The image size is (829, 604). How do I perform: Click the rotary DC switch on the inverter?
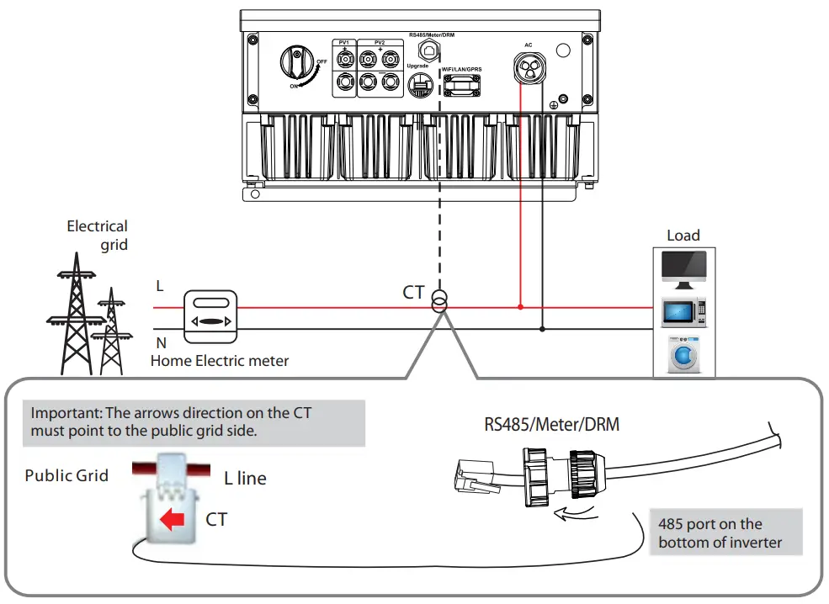point(297,65)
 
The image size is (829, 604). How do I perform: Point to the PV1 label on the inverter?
point(344,42)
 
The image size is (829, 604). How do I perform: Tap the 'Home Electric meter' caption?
point(219,361)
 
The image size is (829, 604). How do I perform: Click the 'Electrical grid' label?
point(98,235)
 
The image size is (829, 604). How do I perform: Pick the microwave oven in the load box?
point(683,313)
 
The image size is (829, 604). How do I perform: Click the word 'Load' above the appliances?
point(683,236)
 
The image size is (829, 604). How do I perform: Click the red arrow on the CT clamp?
point(173,520)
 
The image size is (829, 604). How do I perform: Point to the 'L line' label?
point(245,479)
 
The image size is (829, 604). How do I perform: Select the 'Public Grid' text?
point(66,475)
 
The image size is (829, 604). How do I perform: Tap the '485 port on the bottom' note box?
point(725,532)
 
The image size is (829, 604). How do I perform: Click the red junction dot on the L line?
point(521,307)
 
